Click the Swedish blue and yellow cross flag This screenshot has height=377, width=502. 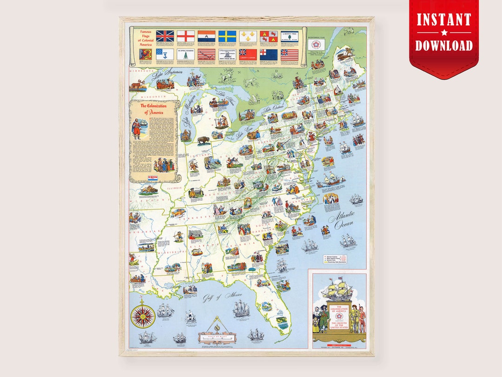(x=227, y=36)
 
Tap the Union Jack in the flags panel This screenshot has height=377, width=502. (x=165, y=36)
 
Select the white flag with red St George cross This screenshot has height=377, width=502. (x=185, y=36)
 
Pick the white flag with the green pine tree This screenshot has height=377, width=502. (x=185, y=54)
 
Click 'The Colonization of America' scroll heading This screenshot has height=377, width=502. (x=153, y=109)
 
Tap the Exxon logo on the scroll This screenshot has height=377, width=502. (x=153, y=177)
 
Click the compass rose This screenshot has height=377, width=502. (x=143, y=316)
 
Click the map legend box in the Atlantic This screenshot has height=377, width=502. (x=335, y=259)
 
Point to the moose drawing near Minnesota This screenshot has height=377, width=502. (x=139, y=85)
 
